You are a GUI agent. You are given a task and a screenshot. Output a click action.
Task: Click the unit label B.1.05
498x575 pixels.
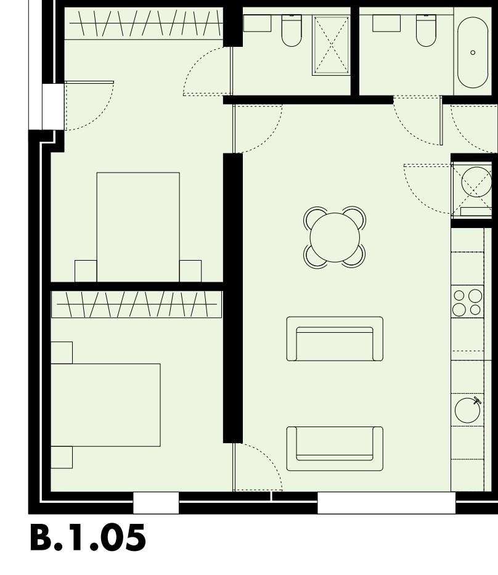[88, 538]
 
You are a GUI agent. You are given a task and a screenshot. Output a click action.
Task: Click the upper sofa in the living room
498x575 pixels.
[335, 340]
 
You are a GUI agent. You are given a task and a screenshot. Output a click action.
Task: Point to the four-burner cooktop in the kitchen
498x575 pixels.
[467, 302]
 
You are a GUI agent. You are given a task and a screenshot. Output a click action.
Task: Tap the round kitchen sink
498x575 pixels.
[467, 410]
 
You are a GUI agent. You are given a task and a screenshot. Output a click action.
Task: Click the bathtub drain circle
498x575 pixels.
[473, 52]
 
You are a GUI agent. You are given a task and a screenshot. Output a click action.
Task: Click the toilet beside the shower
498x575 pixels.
[291, 31]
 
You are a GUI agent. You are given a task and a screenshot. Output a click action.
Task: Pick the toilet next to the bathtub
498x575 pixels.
[425, 31]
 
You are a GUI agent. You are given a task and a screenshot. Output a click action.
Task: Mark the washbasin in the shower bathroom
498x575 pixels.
[258, 23]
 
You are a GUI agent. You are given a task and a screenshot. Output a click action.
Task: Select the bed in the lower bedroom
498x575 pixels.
[105, 404]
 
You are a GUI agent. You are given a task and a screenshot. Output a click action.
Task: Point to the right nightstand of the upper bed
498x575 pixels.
[190, 271]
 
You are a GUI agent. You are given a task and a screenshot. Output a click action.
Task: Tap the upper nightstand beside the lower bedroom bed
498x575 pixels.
[62, 353]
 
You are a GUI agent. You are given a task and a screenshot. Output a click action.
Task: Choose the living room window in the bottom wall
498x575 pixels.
[386, 503]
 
